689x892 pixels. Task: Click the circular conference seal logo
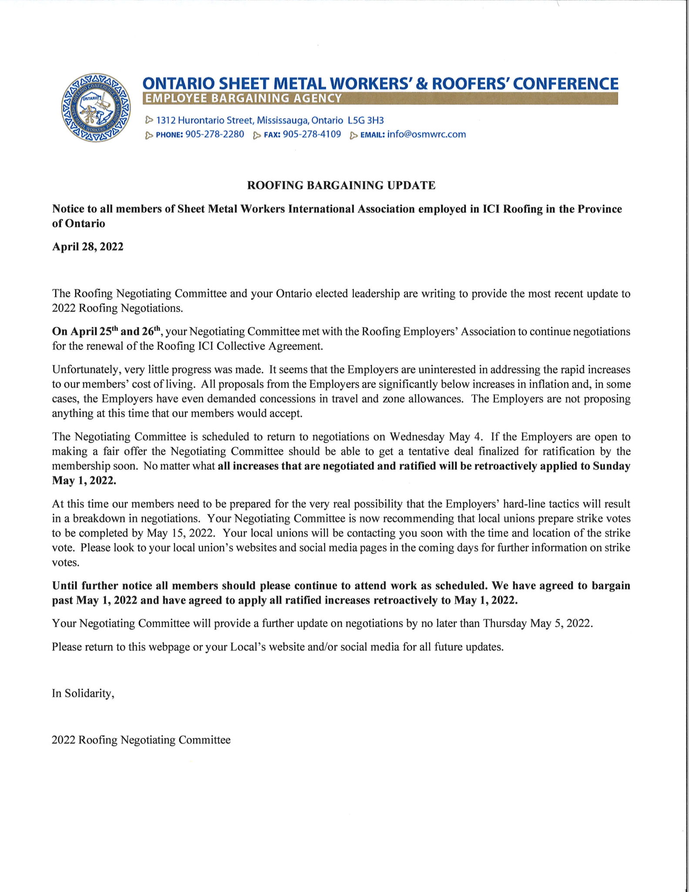[x=96, y=107]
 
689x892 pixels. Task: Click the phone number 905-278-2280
[x=215, y=134]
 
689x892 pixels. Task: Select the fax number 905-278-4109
[x=312, y=134]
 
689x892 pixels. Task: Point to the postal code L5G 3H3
[x=366, y=120]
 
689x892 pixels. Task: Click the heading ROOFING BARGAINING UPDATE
[x=341, y=186]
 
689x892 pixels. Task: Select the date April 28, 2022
[x=88, y=247]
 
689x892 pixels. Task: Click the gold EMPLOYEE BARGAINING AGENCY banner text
[x=243, y=98]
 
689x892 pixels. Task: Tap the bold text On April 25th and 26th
[x=107, y=331]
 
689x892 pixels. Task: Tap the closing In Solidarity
[x=83, y=693]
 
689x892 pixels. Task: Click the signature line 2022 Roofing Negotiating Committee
[x=141, y=740]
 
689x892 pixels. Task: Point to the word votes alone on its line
[x=66, y=562]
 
